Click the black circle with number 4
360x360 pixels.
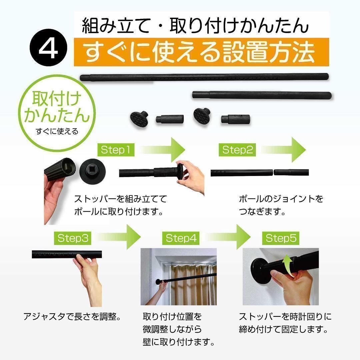tap(48, 48)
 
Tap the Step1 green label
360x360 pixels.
tap(116, 150)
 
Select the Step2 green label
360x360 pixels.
tap(237, 150)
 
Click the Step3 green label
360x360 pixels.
tap(73, 238)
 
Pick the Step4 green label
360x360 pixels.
tap(181, 238)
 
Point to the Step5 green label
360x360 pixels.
tap(281, 238)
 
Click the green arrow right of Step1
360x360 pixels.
tap(162, 150)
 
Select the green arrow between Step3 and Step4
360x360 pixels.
tap(118, 237)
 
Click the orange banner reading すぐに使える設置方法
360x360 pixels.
tap(201, 52)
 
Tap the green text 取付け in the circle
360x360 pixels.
tap(56, 98)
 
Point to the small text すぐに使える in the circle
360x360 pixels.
tap(57, 131)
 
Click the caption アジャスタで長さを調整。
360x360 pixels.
tap(72, 317)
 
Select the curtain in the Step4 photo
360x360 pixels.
tap(193, 285)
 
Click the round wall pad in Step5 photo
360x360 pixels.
tap(261, 270)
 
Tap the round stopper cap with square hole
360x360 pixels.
tap(93, 171)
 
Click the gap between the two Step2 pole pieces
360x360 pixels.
tap(273, 172)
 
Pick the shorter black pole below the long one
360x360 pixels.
tap(262, 95)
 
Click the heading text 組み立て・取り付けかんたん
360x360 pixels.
tap(195, 26)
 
